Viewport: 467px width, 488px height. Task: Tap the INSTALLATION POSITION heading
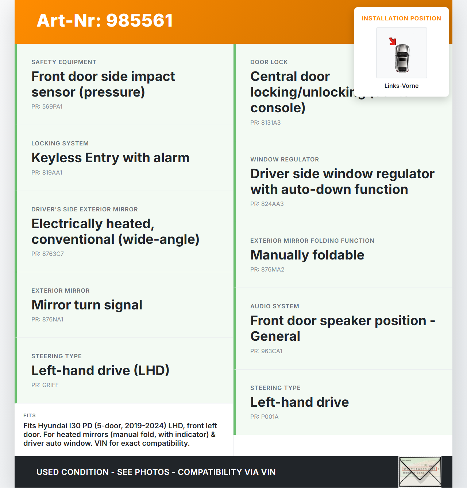click(401, 19)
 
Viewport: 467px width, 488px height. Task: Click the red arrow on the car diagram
click(393, 41)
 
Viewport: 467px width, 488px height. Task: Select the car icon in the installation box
click(402, 58)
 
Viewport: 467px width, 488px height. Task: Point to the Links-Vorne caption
click(401, 86)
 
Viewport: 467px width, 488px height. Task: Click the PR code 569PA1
click(47, 107)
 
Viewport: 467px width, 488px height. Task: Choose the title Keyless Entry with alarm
click(110, 158)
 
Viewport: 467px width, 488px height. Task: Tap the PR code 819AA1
click(47, 173)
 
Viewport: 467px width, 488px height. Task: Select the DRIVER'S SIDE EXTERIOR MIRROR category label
click(84, 210)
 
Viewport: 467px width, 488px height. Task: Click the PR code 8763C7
click(47, 254)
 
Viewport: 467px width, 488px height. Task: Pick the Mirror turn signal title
click(87, 305)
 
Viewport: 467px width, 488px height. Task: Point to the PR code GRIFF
click(45, 385)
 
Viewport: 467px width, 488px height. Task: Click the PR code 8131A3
click(265, 123)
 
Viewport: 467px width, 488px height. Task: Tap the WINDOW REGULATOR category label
click(284, 160)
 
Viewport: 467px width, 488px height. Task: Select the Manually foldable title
click(307, 255)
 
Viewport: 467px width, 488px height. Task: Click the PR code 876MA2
click(267, 270)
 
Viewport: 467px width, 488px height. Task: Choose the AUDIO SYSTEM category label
click(274, 307)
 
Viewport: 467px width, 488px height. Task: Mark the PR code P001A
click(264, 417)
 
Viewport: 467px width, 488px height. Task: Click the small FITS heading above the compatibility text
click(30, 415)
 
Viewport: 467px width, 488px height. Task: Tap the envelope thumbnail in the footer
click(420, 472)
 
